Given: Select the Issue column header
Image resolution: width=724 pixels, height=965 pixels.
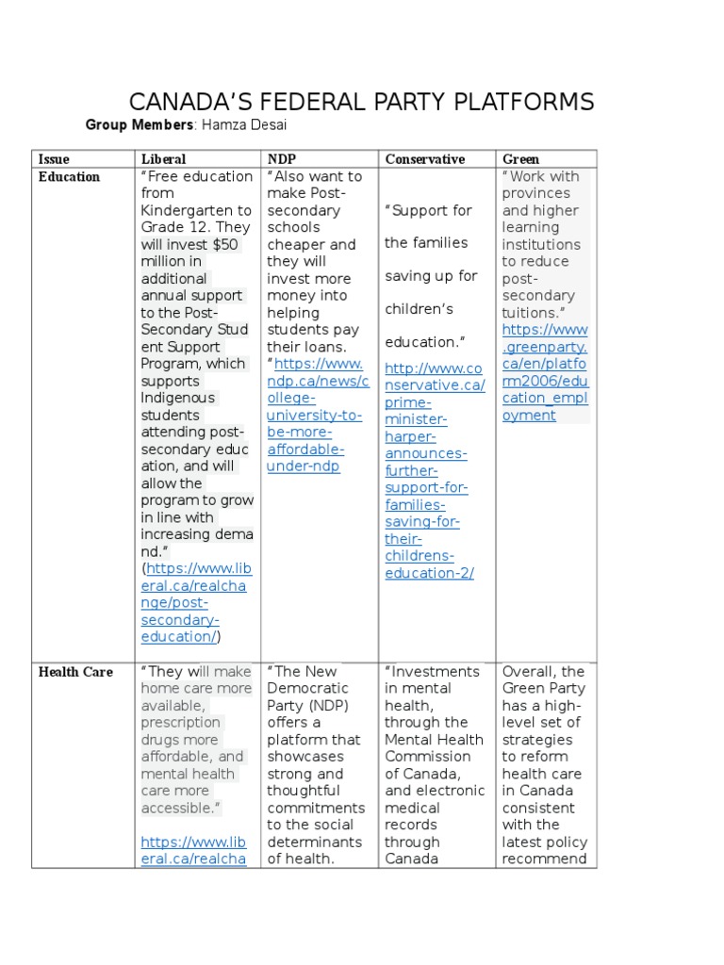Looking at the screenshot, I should coord(54,159).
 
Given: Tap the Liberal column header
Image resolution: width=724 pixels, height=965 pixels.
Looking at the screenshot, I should coord(163,159).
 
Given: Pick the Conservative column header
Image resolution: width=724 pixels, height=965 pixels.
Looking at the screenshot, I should coord(424,159).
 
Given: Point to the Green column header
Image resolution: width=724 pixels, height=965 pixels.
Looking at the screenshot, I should coord(521,159).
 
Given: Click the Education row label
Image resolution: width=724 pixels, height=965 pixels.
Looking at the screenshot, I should coord(69,176).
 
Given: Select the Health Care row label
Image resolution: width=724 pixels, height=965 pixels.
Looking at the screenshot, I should coord(75,672).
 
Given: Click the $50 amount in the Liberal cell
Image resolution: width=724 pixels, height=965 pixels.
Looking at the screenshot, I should coord(225,245).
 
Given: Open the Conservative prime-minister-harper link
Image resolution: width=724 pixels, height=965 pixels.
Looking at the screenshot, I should coord(434,470).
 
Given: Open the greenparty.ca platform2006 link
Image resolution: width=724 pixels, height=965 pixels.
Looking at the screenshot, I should coord(544,372).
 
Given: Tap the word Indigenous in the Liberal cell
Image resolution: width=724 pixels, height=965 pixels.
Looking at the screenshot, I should coord(177,398).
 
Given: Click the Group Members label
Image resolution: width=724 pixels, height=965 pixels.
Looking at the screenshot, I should coord(140,125).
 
